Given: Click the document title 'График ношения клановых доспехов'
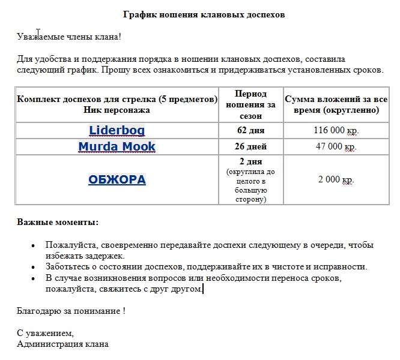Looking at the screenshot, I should click(204, 14).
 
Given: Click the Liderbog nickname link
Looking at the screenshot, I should click(117, 130).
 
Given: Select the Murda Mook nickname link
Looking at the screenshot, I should click(117, 146).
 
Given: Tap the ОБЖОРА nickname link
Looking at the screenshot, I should click(117, 179).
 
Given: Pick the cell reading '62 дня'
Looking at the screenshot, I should click(250, 130).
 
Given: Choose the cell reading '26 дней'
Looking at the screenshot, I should click(250, 146).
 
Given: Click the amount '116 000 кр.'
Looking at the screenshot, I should click(335, 130).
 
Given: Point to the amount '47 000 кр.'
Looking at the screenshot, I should click(335, 146).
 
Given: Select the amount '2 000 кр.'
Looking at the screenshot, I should click(335, 179).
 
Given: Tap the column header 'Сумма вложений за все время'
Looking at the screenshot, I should click(335, 105).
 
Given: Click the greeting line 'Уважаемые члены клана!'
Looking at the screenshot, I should click(69, 37).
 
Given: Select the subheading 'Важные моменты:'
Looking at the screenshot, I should click(58, 222).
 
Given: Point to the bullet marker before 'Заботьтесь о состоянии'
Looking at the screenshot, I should click(32, 267).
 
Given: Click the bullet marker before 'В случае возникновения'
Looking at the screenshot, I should click(32, 278).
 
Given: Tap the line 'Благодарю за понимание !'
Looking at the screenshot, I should click(71, 311).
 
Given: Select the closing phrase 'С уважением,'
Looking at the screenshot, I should click(45, 333).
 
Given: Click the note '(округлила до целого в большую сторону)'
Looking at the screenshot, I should click(250, 185).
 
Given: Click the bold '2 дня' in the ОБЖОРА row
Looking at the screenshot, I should click(250, 162).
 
